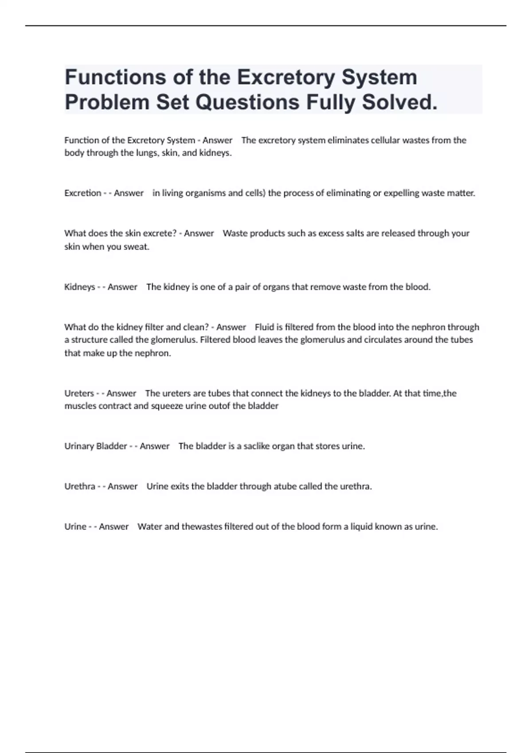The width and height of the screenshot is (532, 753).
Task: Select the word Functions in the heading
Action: click(x=114, y=77)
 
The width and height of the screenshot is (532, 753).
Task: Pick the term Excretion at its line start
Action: click(x=83, y=193)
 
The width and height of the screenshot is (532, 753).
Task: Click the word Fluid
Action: click(x=265, y=327)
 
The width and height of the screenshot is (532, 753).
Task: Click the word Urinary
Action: click(x=79, y=446)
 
